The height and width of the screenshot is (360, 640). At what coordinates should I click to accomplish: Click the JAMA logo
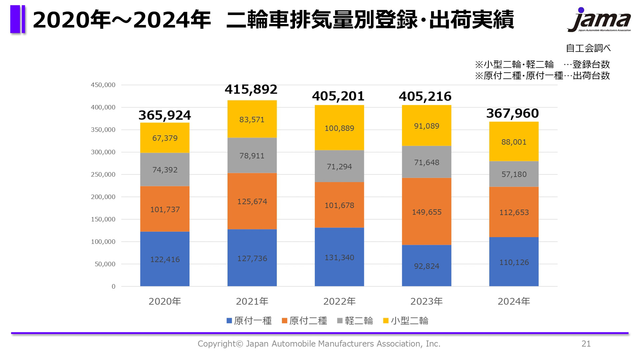point(599,20)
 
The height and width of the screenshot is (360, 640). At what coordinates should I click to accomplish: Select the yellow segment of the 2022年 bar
point(339,128)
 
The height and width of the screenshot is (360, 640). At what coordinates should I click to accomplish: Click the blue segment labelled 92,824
point(426,266)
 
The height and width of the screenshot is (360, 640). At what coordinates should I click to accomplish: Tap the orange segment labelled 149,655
point(426,212)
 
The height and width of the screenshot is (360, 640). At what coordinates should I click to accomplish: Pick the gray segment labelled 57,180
point(514,174)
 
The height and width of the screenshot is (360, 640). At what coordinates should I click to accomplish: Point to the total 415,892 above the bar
point(251,89)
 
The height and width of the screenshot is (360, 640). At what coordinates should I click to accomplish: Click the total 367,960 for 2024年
point(512,113)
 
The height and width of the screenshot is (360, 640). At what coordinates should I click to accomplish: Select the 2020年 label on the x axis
point(165,301)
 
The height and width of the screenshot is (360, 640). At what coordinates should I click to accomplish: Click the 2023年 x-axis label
point(426,301)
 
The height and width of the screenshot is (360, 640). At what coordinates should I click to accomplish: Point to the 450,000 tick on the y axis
point(103,85)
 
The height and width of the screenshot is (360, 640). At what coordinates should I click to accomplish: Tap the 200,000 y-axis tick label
point(103,197)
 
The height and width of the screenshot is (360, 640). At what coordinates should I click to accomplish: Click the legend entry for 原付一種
point(249,321)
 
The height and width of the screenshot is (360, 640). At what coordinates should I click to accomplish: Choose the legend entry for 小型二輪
point(406,321)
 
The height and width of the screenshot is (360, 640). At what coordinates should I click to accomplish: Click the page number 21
point(586,344)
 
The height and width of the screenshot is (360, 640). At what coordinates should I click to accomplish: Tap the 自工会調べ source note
point(588,48)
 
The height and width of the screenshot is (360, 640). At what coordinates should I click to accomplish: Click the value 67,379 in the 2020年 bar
point(165,138)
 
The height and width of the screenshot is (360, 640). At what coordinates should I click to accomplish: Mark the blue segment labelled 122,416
point(165,259)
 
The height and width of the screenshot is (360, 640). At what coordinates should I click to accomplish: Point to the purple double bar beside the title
point(18,19)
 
